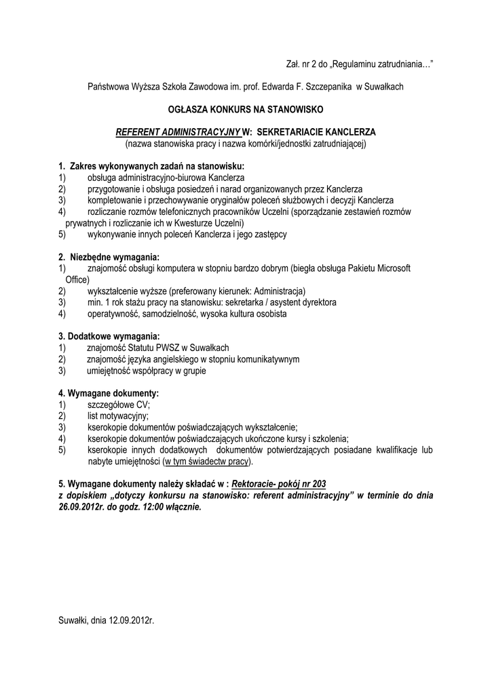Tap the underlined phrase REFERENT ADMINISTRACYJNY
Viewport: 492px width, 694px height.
178,131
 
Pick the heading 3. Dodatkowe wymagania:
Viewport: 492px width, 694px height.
109,336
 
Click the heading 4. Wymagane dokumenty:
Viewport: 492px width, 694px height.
109,393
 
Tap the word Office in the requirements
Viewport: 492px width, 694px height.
77,279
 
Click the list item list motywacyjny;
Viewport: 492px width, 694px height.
117,415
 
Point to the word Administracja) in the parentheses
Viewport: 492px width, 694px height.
279,291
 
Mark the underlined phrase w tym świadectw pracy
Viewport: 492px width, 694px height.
208,462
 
